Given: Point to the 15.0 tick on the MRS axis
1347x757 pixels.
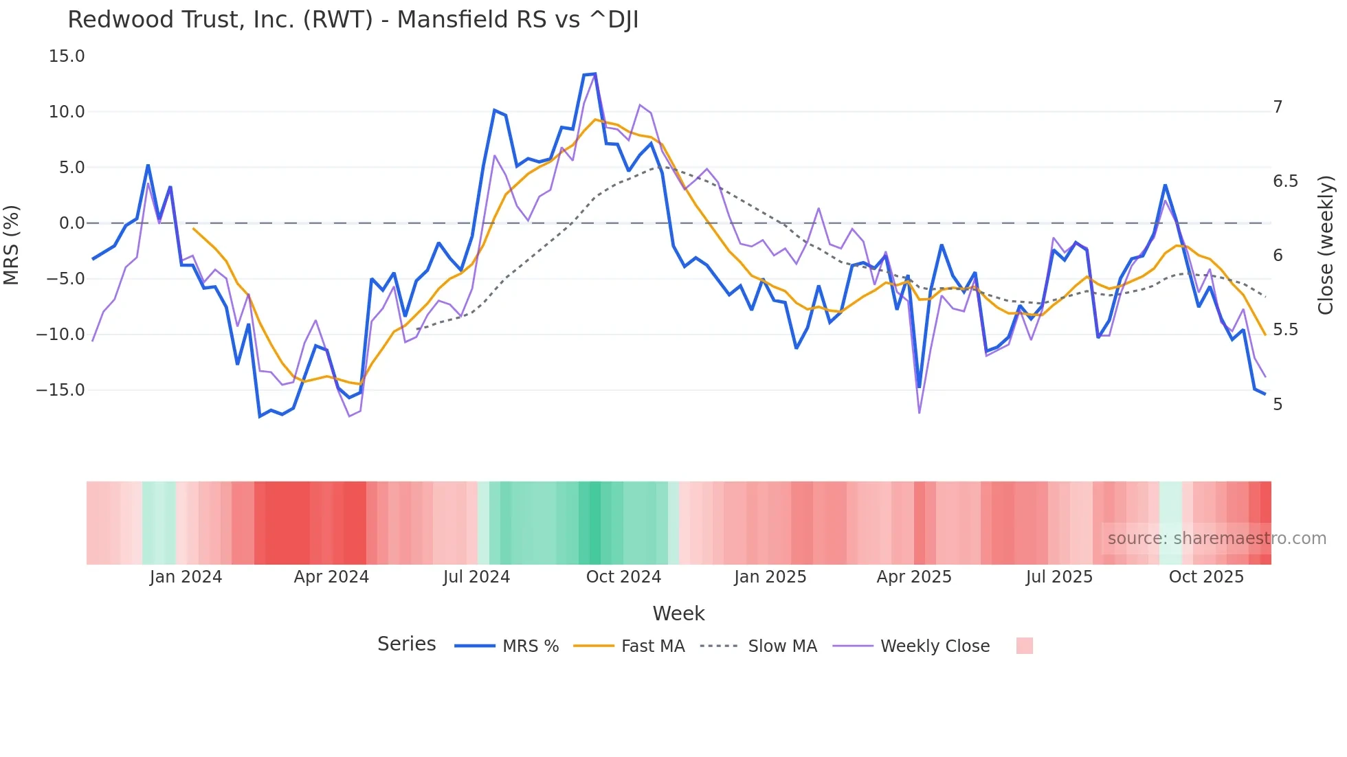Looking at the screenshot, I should coord(67,56).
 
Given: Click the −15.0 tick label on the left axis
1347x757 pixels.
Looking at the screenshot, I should coord(60,390).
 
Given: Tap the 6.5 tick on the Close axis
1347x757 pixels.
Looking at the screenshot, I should coord(1285,181).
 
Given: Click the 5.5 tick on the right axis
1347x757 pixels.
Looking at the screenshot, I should coord(1285,330).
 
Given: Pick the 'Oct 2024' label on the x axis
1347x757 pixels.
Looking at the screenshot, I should coord(623,577).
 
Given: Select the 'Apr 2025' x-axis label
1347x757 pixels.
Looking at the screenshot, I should coord(914,577).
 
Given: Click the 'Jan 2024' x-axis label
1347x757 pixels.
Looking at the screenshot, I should coord(186,577).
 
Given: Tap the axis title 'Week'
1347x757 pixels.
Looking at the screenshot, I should coord(678,613).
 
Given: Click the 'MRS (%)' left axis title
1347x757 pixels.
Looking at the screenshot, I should coord(12,245).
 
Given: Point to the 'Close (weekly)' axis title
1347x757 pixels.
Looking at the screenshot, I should coord(1326,245).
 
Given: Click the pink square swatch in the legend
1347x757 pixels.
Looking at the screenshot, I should coord(1024,646).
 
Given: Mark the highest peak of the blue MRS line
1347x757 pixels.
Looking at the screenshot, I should coord(594,74).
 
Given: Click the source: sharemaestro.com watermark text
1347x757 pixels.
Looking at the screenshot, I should coord(1216,539).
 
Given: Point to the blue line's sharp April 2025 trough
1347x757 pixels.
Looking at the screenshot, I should coord(920,387).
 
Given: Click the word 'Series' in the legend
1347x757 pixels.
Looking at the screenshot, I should coord(406,644).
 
